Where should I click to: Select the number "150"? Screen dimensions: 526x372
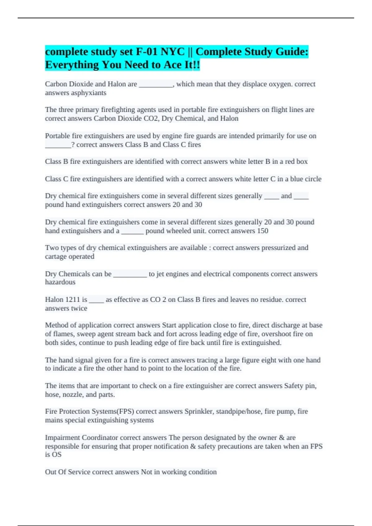point(262,231)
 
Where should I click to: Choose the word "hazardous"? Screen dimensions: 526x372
point(60,282)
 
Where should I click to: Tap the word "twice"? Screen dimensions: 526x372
point(79,308)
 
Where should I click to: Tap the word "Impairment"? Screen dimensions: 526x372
point(62,438)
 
